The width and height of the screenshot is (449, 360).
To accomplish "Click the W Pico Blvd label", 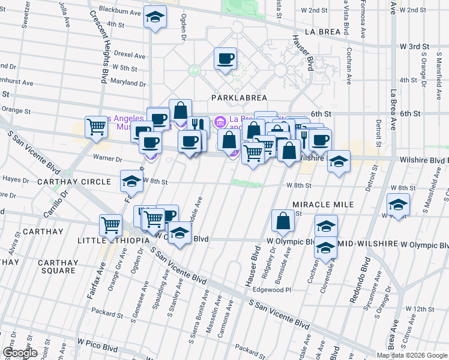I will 97,347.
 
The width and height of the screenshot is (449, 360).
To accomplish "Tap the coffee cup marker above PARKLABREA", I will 226,59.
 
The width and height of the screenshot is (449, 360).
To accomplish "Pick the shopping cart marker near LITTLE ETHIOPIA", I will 110,225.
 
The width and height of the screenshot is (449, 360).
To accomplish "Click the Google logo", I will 20,353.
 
